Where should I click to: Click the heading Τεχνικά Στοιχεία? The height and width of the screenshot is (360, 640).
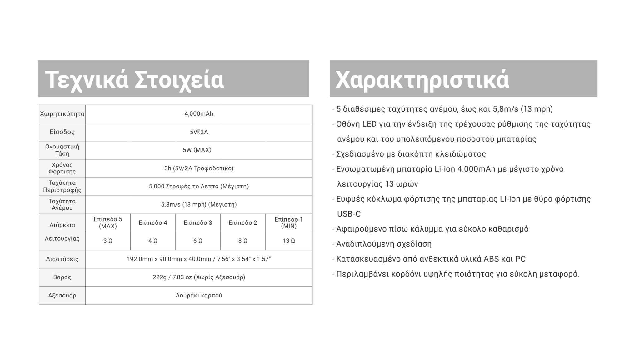(134, 79)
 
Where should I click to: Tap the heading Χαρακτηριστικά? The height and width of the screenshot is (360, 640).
(422, 79)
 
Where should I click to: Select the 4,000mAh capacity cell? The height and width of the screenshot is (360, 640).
(199, 114)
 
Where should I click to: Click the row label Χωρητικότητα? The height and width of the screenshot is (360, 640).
(62, 114)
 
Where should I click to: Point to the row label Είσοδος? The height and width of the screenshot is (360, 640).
(62, 132)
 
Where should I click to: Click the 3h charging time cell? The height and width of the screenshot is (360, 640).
(199, 168)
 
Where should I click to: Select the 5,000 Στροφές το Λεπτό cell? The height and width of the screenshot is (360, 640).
(199, 187)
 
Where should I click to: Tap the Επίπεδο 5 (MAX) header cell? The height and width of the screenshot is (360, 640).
(108, 223)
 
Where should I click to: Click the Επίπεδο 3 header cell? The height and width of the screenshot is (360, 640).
(198, 223)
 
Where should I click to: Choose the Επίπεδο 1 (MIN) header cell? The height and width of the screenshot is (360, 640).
(289, 223)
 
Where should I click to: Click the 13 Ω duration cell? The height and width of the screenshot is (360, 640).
(289, 241)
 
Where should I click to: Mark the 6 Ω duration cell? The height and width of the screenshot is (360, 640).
(198, 241)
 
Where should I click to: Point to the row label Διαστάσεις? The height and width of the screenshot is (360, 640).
(62, 259)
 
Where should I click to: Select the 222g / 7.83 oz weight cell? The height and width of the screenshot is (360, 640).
(199, 277)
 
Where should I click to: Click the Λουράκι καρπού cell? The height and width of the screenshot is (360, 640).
(199, 296)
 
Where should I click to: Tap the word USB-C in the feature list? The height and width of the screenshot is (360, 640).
(349, 214)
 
